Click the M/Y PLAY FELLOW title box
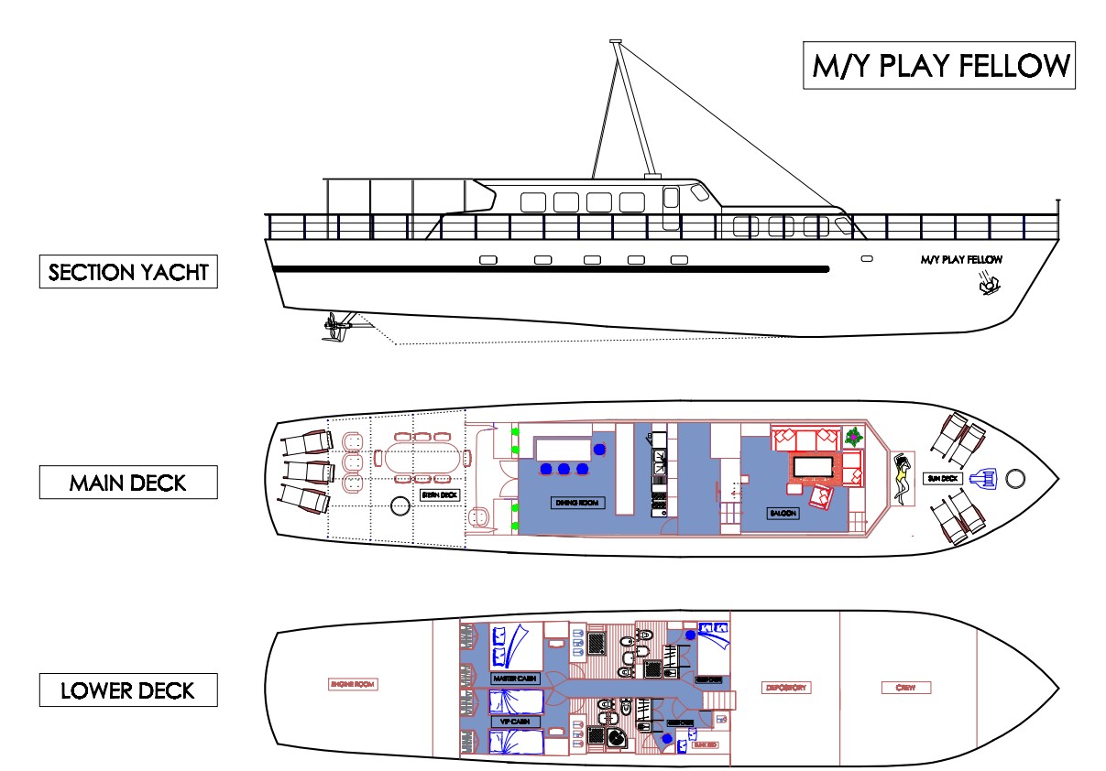pyautogui.click(x=939, y=66)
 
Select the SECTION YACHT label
pyautogui.click(x=128, y=272)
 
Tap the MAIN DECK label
pyautogui.click(x=128, y=483)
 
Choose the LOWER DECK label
pyautogui.click(x=128, y=690)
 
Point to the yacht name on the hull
pyautogui.click(x=961, y=260)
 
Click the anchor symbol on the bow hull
pyautogui.click(x=988, y=284)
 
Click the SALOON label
pyautogui.click(x=783, y=514)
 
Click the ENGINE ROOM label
pyautogui.click(x=353, y=684)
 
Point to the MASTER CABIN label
pyautogui.click(x=514, y=679)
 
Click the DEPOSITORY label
pyautogui.click(x=785, y=688)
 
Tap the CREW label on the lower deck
pyautogui.click(x=906, y=687)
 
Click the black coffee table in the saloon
pyautogui.click(x=813, y=467)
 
